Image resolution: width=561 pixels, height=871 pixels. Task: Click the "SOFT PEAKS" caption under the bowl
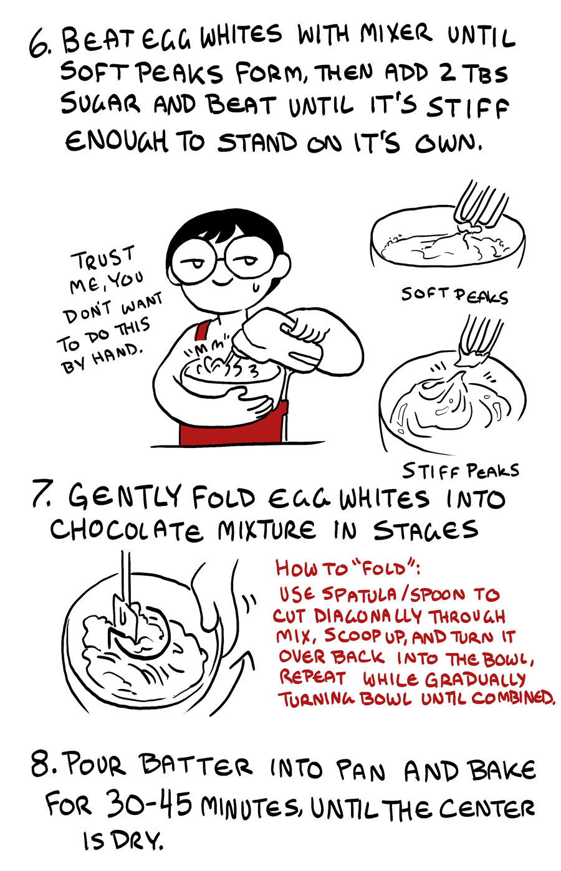click(x=454, y=295)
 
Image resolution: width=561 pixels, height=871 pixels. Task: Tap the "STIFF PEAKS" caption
click(x=461, y=471)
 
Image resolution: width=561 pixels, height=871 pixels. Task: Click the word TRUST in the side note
click(x=103, y=257)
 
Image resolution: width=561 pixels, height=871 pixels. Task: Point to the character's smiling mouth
click(x=222, y=282)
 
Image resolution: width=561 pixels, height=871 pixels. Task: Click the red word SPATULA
click(x=360, y=594)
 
